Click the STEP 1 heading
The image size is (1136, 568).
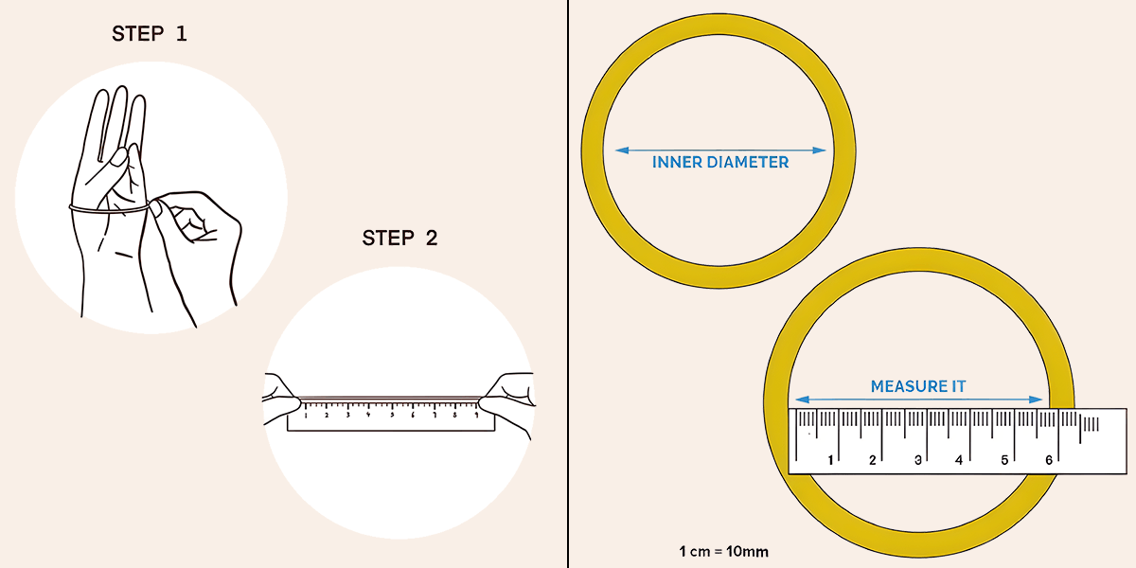150,34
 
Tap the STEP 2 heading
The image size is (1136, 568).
399,238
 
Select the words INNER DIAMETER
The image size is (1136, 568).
720,162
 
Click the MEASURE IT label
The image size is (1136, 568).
918,386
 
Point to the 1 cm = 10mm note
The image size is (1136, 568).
723,551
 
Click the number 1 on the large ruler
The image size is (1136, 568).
830,460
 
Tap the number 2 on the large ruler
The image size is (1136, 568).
872,460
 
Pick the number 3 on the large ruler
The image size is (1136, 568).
918,460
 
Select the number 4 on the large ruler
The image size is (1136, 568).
958,460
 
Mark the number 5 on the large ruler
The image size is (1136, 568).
1004,460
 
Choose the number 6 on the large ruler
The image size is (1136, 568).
1049,460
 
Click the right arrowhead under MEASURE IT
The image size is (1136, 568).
1036,399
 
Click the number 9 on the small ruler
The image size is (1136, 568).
476,415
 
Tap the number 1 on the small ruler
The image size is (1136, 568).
306,416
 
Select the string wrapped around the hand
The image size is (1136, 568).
109,208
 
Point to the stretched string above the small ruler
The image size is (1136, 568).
390,399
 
